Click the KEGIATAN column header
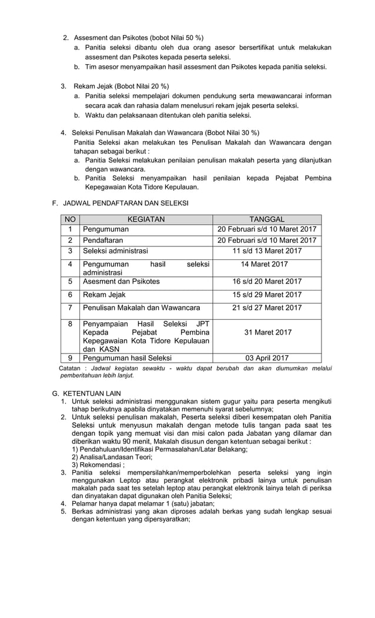click(146, 219)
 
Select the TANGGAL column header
click(267, 219)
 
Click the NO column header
click(70, 219)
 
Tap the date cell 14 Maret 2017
click(267, 265)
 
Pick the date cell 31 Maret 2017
click(267, 332)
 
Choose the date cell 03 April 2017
click(267, 358)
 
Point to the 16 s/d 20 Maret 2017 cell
click(267, 281)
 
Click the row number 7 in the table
click(70, 308)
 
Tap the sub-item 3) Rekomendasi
click(98, 465)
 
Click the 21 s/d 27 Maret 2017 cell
click(267, 308)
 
